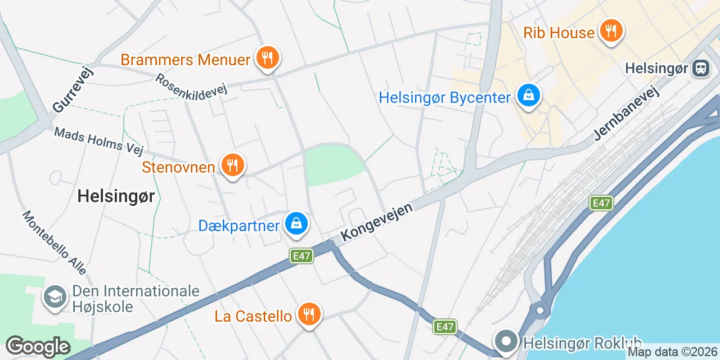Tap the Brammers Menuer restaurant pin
[267, 57]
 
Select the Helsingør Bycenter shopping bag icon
[529, 95]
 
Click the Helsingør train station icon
[701, 69]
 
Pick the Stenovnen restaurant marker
[231, 165]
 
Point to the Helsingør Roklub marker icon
[506, 341]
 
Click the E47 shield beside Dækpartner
[301, 256]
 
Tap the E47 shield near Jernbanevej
[601, 203]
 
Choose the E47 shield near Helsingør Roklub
[445, 326]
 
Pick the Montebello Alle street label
[55, 242]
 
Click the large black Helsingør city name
[116, 196]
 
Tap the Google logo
[38, 346]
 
